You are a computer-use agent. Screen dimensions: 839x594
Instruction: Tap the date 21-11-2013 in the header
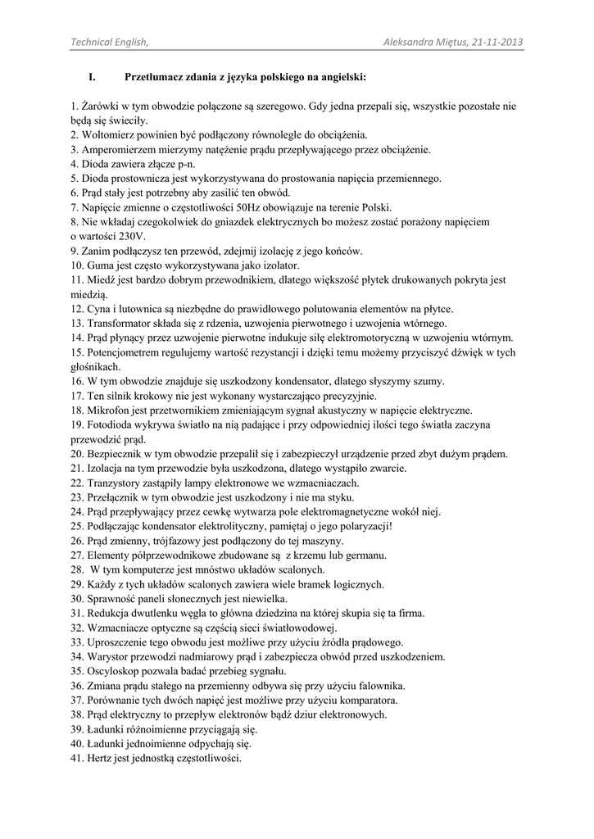[497, 43]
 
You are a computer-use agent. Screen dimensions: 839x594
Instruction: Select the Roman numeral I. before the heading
[93, 78]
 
